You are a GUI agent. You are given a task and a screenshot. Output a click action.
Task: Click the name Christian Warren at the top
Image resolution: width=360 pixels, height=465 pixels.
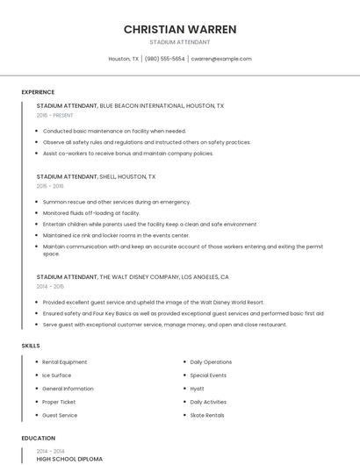(180, 29)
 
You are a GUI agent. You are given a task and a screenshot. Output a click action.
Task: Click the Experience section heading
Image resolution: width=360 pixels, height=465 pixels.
(38, 92)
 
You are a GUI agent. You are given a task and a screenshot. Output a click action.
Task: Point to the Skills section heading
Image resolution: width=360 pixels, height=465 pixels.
(31, 346)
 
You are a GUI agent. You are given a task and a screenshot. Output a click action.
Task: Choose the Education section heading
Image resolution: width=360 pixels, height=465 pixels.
(38, 437)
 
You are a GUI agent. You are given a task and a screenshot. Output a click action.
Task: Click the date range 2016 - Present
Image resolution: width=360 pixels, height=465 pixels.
(55, 115)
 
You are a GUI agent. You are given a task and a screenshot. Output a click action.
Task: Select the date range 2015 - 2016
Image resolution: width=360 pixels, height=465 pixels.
(50, 186)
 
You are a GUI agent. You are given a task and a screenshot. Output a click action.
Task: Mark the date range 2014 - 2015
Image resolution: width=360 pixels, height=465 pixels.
(50, 286)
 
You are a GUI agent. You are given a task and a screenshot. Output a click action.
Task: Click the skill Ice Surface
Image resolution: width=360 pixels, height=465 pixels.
(57, 376)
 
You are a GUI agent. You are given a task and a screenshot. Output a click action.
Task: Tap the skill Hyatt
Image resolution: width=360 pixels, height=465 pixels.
(198, 389)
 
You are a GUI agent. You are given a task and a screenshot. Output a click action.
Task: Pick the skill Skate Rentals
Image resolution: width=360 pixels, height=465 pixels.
(207, 415)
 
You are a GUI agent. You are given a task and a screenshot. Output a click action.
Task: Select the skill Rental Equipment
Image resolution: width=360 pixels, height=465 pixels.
(65, 362)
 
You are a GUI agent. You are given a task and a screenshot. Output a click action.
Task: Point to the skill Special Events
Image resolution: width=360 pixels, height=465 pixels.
(208, 376)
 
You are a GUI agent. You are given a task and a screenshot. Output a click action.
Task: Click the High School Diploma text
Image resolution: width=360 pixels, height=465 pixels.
(69, 459)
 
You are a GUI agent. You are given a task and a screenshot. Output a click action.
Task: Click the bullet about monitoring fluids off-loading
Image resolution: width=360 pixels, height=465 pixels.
(91, 212)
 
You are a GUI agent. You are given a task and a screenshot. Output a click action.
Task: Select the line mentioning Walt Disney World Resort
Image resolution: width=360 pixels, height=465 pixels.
(154, 302)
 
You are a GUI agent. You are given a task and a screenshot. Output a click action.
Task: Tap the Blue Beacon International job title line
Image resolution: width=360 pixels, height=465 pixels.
(130, 105)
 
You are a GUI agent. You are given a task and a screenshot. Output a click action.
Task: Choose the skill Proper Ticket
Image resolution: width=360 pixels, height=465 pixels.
(60, 402)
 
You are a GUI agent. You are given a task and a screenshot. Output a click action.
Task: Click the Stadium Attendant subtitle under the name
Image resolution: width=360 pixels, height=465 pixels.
(180, 41)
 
